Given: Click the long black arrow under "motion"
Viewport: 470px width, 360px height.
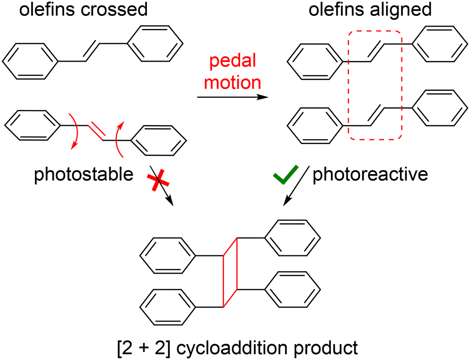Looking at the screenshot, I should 232,98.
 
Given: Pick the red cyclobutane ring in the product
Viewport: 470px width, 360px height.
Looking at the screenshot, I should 230,272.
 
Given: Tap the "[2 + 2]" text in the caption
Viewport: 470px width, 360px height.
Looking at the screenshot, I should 139,348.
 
